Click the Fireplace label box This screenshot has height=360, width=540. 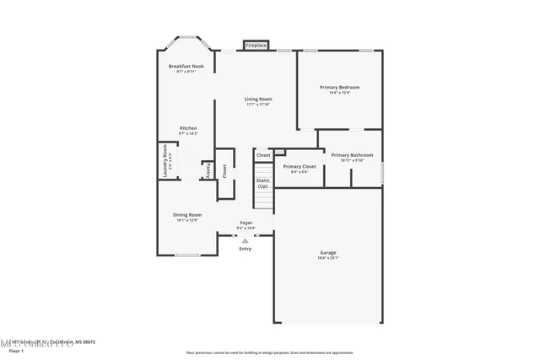(x=256, y=45)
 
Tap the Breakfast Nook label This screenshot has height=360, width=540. (x=186, y=66)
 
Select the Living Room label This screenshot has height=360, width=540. (x=258, y=99)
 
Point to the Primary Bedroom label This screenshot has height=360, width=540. (x=339, y=87)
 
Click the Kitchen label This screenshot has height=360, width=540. (x=188, y=128)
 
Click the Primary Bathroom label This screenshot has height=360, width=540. (x=352, y=154)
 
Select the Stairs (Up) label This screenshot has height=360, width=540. (x=263, y=182)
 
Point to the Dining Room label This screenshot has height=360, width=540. (x=187, y=214)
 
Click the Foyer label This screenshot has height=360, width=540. (x=246, y=223)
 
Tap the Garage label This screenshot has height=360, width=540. (x=327, y=252)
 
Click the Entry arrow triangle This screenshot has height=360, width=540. (x=246, y=240)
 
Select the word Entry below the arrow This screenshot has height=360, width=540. (x=246, y=249)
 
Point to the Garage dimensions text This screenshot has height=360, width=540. (x=327, y=258)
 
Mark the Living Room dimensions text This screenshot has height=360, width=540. (x=258, y=105)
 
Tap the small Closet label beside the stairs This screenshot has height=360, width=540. (x=263, y=155)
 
